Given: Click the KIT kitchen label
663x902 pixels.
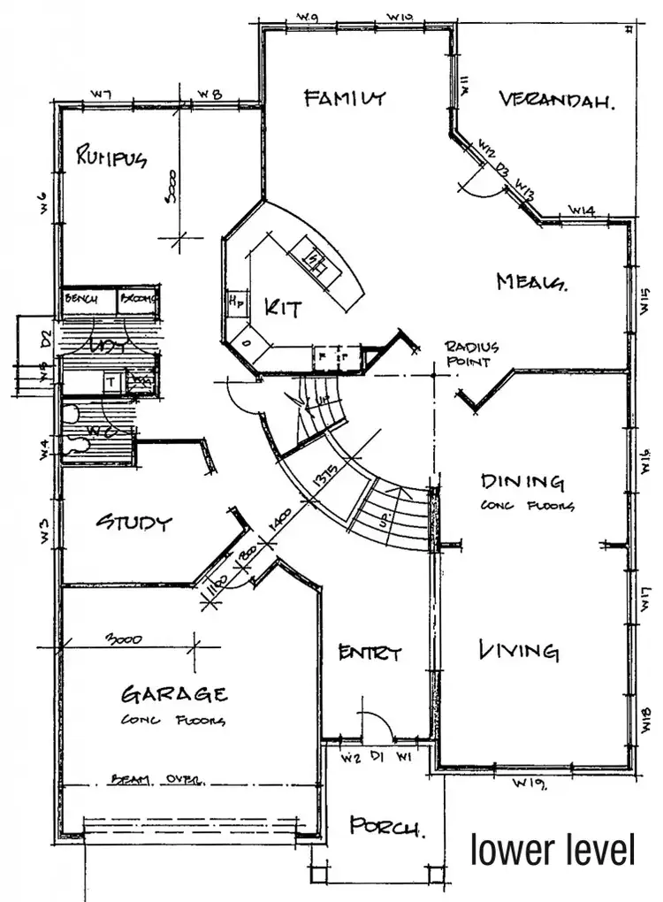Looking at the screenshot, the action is click(x=283, y=309).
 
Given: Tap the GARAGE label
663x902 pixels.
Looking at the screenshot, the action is click(x=174, y=693).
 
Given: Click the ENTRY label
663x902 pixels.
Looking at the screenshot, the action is click(x=370, y=654).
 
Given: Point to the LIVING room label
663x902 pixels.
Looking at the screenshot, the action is click(x=519, y=652).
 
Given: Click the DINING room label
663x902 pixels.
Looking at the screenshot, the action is click(x=522, y=482).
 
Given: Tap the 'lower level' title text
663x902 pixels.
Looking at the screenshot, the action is click(x=552, y=850).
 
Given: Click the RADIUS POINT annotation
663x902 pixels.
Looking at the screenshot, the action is click(x=471, y=354).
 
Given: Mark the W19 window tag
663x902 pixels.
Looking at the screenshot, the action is click(x=530, y=784).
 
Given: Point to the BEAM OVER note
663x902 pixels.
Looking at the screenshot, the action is click(x=159, y=780).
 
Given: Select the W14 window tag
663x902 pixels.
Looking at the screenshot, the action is click(x=581, y=210).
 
